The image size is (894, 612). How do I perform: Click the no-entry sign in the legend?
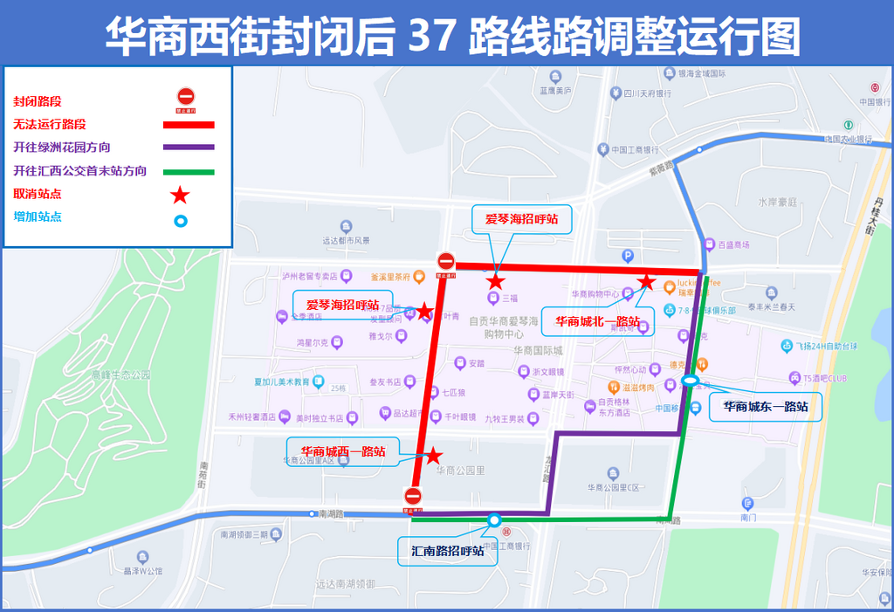185,97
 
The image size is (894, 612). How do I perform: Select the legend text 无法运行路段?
50,125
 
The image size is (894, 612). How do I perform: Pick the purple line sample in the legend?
188,148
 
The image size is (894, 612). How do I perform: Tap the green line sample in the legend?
188,171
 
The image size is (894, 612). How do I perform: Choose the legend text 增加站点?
38,217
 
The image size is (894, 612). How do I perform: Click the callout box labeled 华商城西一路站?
342,451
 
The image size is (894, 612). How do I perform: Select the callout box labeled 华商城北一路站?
597,320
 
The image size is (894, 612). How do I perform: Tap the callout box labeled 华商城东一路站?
766,407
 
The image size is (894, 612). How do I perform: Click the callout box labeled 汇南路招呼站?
447,552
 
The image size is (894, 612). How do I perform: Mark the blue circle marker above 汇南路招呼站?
494,520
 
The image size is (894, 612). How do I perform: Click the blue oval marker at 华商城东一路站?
689,381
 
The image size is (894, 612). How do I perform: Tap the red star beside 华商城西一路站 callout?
432,456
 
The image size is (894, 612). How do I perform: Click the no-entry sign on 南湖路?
413,496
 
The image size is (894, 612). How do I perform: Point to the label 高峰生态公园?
120,375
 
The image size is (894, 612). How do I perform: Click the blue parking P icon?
625,255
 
